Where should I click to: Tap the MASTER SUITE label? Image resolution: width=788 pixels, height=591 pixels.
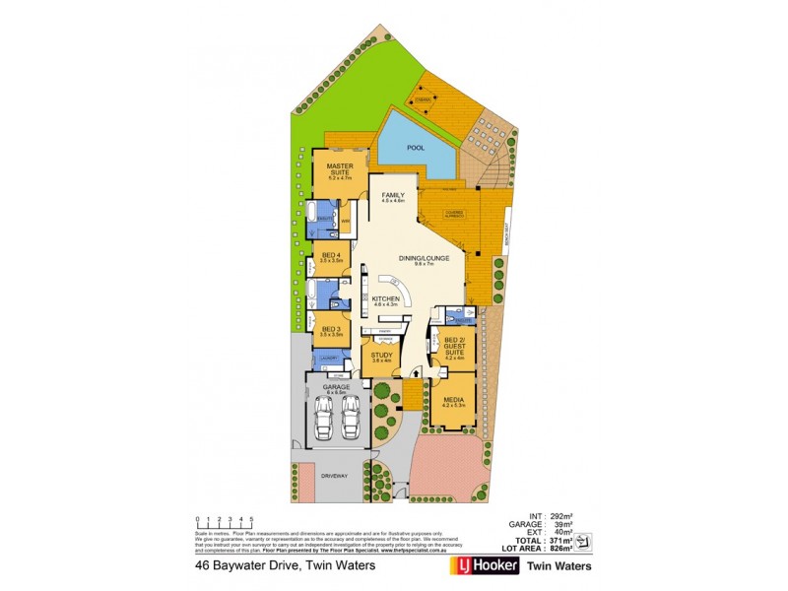tap(340, 169)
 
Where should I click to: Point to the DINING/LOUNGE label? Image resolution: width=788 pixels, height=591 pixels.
tap(425, 259)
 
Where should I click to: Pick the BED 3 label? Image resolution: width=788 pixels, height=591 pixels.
tap(331, 330)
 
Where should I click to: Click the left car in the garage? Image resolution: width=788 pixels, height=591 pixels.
tap(324, 422)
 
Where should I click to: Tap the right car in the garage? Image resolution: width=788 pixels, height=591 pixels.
tap(350, 422)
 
